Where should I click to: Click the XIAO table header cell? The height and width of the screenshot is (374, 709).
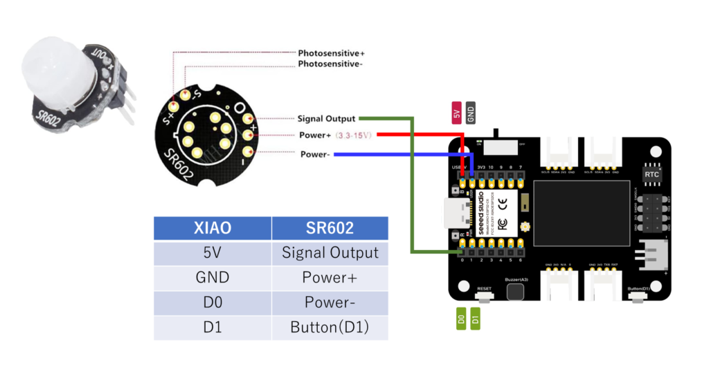click(213, 228)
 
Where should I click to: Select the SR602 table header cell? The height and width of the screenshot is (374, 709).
click(330, 228)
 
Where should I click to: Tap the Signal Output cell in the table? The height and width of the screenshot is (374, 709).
click(330, 253)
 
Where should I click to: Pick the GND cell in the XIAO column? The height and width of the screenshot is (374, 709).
click(213, 277)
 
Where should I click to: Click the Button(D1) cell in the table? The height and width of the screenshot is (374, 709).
click(330, 327)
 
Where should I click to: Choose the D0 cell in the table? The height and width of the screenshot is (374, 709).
click(213, 302)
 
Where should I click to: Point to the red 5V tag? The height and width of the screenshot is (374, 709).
click(457, 112)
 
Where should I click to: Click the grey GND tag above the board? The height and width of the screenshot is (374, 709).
click(471, 112)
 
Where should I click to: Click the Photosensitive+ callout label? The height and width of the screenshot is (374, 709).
click(331, 53)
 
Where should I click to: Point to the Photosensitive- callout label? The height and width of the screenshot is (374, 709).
click(330, 64)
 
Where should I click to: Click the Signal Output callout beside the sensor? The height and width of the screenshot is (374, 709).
click(326, 118)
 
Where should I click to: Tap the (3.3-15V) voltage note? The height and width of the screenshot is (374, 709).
click(354, 135)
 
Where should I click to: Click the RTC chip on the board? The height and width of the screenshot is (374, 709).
click(652, 175)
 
